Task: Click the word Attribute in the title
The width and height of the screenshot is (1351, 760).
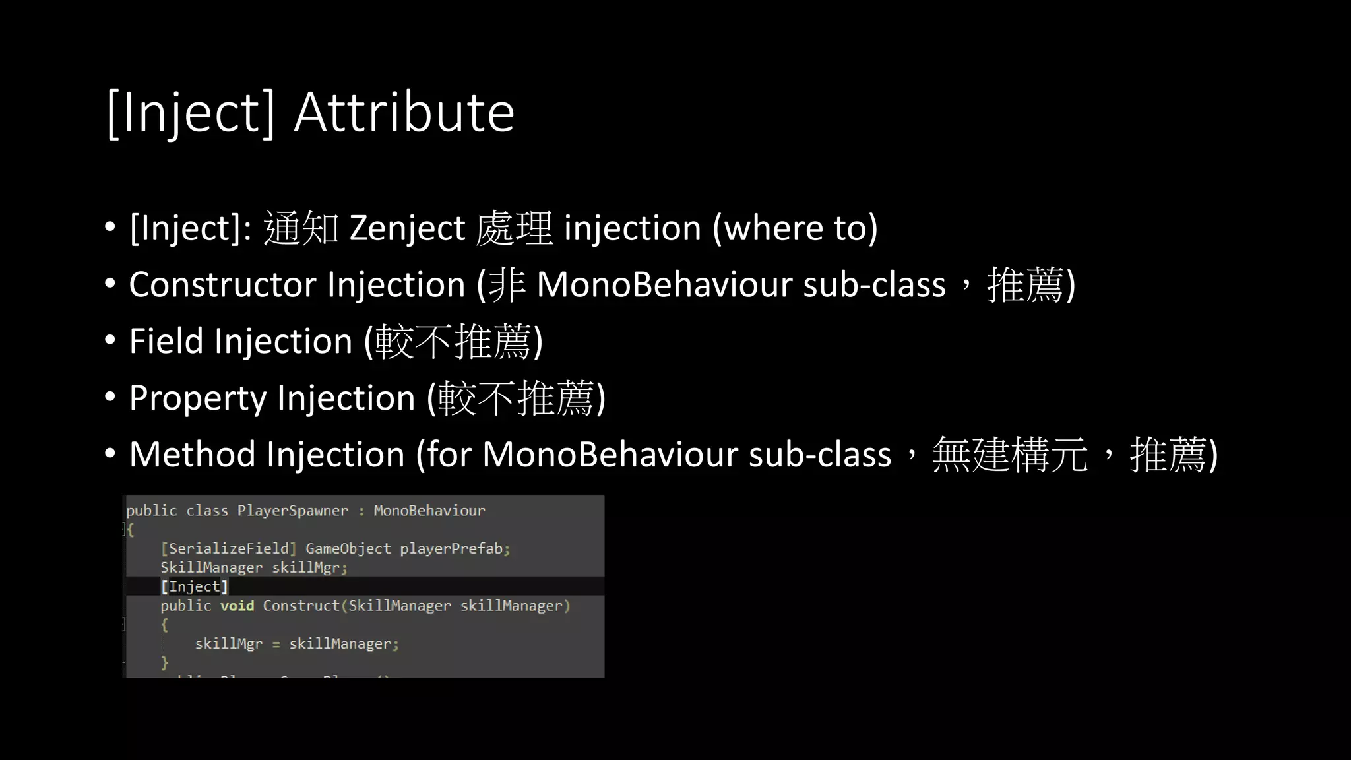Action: [x=404, y=112]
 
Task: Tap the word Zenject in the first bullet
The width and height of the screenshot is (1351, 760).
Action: [x=407, y=228]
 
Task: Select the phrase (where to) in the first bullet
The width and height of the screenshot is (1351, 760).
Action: [x=795, y=228]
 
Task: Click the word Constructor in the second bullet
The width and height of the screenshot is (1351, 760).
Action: [x=222, y=285]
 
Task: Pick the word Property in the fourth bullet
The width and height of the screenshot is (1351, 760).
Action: [x=198, y=398]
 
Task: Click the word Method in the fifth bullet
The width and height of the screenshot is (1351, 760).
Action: [x=192, y=455]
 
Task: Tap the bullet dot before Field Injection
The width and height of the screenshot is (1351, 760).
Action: [x=110, y=340]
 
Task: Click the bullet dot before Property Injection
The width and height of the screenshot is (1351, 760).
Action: [x=110, y=397]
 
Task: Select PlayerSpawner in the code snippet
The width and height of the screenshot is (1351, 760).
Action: [x=292, y=511]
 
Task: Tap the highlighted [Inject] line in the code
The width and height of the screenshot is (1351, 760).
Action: [x=195, y=586]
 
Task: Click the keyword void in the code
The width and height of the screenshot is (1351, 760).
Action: [x=237, y=606]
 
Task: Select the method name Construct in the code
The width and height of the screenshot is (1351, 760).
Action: [x=301, y=606]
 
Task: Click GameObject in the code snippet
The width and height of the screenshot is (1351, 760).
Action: [x=348, y=549]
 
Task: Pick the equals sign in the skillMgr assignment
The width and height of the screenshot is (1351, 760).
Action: [x=276, y=645]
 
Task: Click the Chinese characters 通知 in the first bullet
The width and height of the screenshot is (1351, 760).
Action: [x=301, y=228]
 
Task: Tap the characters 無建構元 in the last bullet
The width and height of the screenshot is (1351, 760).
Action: [x=1009, y=455]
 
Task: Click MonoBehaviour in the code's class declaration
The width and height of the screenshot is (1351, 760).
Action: [x=429, y=511]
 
